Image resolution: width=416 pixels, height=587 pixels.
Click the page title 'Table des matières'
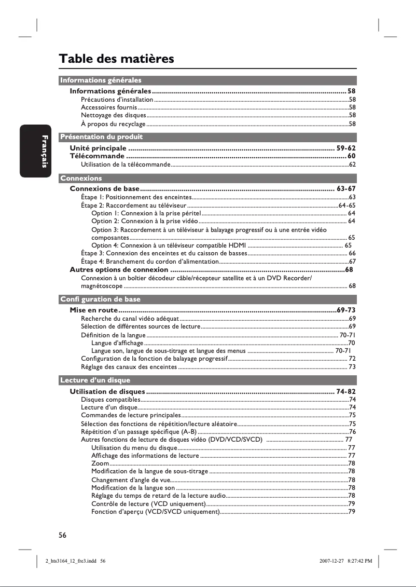pos(116,59)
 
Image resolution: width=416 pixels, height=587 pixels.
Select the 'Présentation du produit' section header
pos(101,137)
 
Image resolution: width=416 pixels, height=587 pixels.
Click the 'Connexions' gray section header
pos(81,178)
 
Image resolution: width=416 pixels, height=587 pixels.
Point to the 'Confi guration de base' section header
pos(100,299)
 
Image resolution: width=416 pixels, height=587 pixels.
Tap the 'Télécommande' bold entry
pos(97,156)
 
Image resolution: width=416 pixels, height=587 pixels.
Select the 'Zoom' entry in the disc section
pos(100,463)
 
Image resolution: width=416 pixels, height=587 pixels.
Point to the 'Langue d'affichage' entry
pos(117,343)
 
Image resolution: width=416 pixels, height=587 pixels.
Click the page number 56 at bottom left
pos(62,534)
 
